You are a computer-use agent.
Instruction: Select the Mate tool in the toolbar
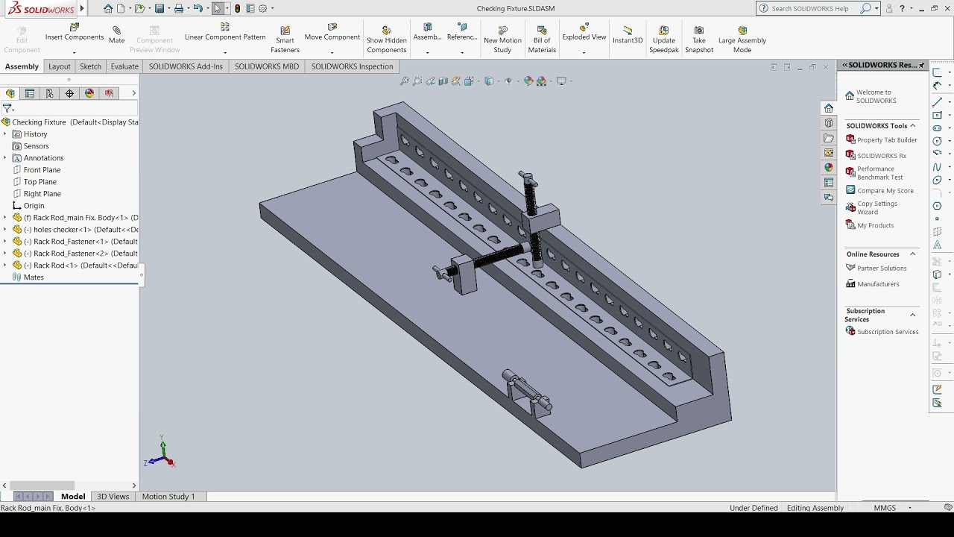coord(117,34)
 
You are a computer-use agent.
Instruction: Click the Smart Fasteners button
coord(285,40)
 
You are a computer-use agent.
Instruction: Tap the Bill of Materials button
coord(542,40)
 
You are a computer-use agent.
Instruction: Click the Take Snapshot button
coord(699,40)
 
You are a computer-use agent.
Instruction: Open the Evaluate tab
coord(124,66)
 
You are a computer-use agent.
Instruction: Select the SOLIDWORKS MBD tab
coord(267,66)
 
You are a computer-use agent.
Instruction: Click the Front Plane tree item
coord(42,170)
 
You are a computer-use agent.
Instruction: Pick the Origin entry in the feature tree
coord(34,206)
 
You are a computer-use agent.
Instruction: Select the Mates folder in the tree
coord(34,277)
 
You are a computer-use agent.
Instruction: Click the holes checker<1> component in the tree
coord(75,230)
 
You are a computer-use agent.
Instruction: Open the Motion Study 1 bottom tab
coord(168,497)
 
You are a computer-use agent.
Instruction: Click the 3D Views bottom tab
coord(113,497)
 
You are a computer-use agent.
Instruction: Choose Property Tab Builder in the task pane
coord(887,140)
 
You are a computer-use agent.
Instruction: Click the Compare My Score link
coord(885,191)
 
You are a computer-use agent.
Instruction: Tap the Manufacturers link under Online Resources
coord(878,284)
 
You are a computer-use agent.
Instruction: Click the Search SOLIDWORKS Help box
coord(816,8)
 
